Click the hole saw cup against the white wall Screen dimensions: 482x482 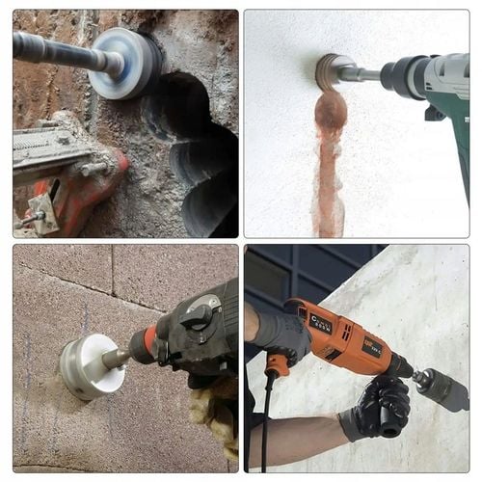coord(333,69)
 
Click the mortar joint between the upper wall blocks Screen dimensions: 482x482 coord(111,275)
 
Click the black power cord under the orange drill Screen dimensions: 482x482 coord(265,424)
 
